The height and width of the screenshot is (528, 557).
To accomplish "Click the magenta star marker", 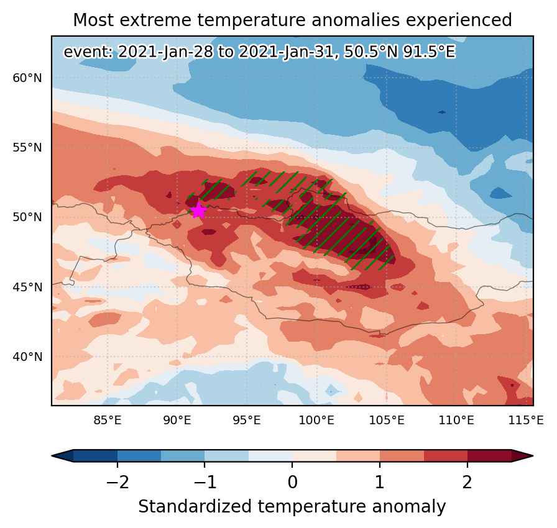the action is [198, 211].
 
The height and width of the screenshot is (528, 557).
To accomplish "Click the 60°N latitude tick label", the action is [27, 78].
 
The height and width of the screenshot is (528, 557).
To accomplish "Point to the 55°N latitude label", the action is [27, 148].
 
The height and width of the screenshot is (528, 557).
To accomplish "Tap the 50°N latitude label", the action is [27, 217].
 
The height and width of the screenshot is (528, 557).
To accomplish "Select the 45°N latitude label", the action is [27, 287].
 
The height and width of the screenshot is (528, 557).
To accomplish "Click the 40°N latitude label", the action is [27, 357].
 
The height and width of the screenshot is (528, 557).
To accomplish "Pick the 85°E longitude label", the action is [108, 421].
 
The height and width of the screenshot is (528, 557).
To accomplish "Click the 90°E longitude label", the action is [177, 421].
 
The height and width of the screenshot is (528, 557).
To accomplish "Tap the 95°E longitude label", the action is [247, 421].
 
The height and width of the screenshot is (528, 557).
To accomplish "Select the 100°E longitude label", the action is [316, 421].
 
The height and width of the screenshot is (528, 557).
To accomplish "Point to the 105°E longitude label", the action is [387, 421].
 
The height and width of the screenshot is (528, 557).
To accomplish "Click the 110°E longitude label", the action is [456, 421].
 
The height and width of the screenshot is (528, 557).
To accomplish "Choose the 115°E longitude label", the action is [526, 421].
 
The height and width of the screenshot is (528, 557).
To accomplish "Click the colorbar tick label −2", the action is [117, 483].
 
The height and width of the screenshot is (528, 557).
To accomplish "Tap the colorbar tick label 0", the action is [292, 483].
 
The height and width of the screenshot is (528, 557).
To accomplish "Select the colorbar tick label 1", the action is [380, 483].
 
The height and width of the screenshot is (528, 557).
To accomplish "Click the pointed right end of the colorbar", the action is [533, 456].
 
